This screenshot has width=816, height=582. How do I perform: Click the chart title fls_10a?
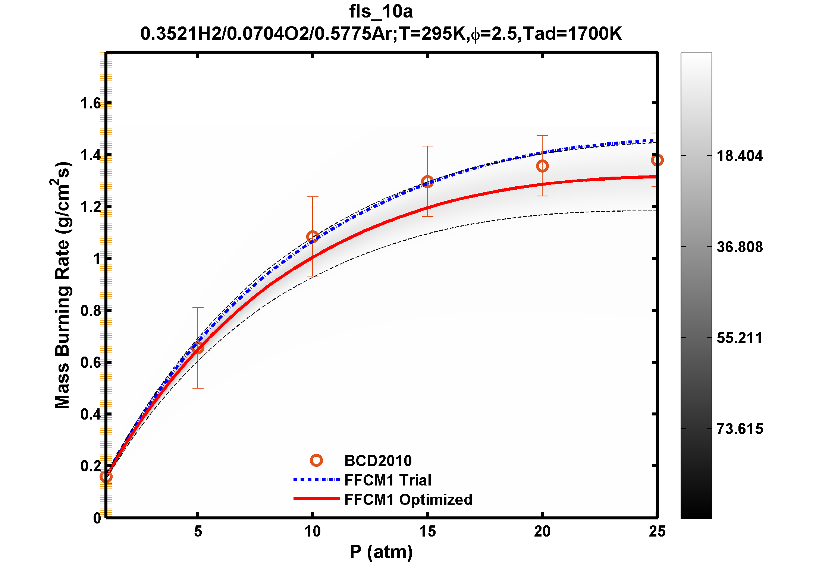coord(381,11)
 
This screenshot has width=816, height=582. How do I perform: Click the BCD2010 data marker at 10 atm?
coord(313,237)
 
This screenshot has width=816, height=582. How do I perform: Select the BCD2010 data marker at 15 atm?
coord(427,182)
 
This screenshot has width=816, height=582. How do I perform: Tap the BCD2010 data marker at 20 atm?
coord(542,166)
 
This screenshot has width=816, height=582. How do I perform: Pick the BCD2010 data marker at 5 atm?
coord(198,348)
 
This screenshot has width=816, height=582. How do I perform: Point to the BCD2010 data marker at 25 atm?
coord(657,160)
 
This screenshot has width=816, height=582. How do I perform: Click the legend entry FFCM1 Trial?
coord(387,480)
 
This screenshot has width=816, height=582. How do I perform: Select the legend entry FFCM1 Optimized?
coord(408,500)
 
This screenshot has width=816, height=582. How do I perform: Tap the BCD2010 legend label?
coord(378,461)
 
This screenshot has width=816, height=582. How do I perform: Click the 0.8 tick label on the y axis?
coord(91,310)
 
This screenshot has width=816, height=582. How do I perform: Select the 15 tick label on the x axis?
coord(427,531)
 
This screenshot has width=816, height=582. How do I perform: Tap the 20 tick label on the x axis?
coord(542,531)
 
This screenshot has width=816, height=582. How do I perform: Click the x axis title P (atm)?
coord(381,552)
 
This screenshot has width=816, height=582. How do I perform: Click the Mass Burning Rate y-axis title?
coord(62,285)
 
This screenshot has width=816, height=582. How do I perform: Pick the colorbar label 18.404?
coord(740,156)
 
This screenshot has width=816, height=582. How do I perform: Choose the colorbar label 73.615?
coord(740,429)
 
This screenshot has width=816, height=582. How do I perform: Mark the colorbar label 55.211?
coord(740,338)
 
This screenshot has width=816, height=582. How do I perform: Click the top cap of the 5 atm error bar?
coord(198,307)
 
